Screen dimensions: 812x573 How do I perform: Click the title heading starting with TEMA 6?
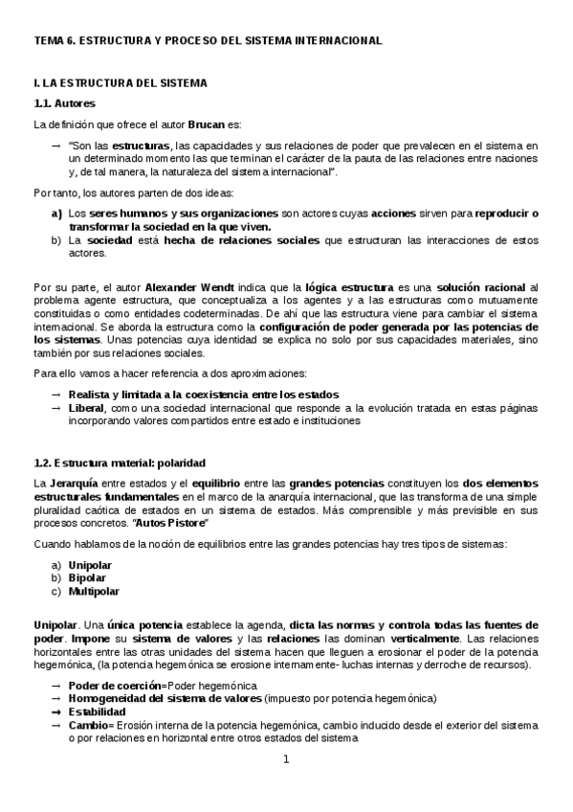click(208, 40)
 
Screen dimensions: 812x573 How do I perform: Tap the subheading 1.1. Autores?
click(64, 102)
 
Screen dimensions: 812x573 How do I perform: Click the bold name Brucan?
click(205, 124)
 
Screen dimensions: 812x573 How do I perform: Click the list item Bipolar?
click(87, 578)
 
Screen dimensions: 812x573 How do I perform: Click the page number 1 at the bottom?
click(286, 760)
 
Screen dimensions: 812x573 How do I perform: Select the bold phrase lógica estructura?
click(343, 286)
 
